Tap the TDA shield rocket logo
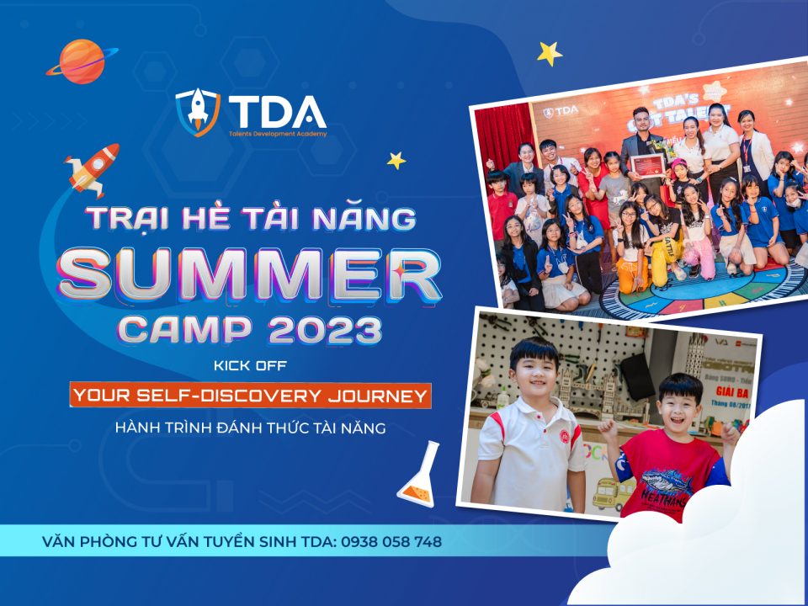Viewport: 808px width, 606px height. click(x=197, y=110)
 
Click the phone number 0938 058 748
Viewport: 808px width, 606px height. click(x=391, y=542)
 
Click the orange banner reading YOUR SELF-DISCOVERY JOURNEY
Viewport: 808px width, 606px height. click(x=251, y=396)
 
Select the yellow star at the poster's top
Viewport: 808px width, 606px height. click(x=550, y=53)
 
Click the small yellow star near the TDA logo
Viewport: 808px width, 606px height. click(x=396, y=160)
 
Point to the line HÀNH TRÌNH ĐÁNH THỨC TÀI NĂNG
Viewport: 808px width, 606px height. click(x=251, y=428)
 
